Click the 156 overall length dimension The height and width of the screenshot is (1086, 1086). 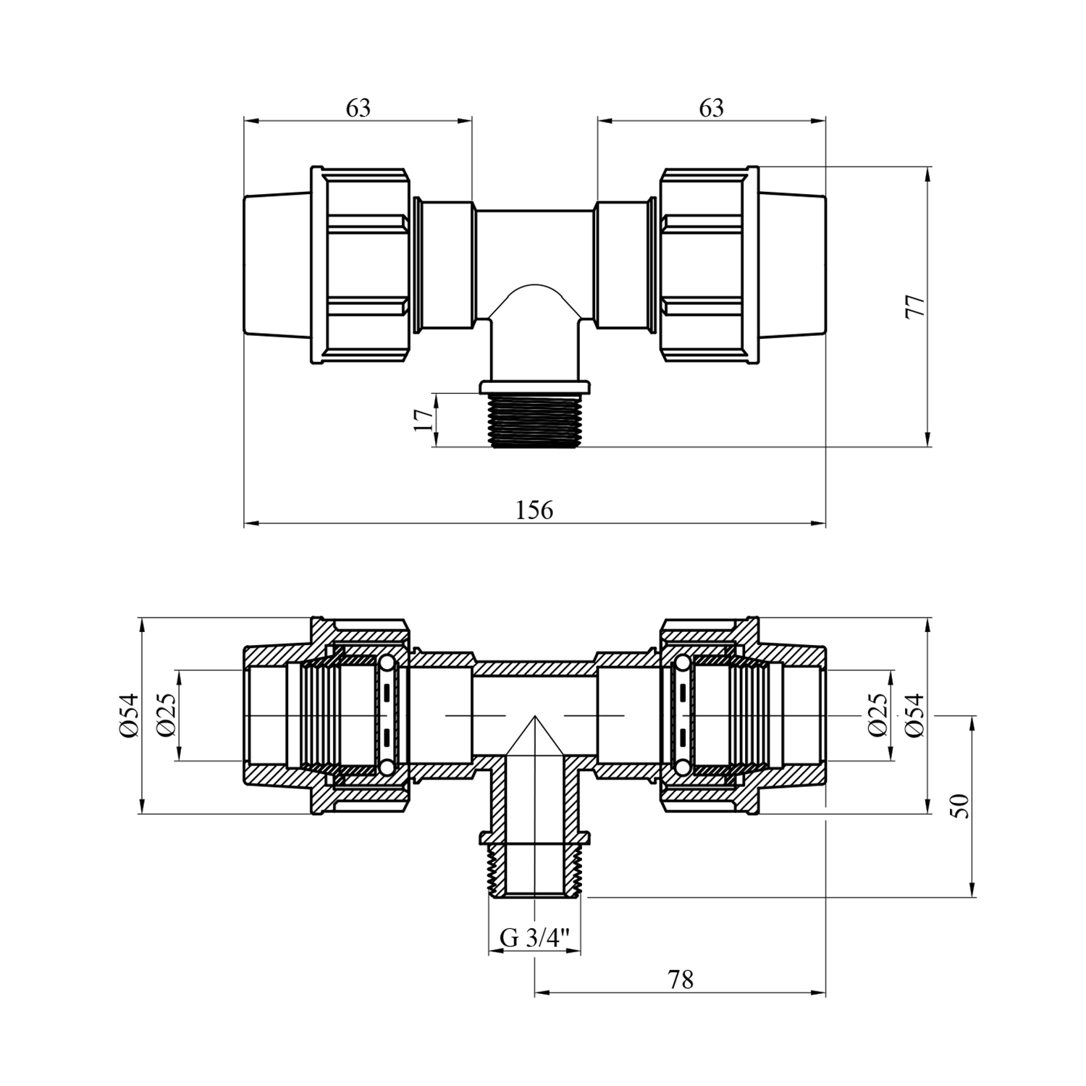click(534, 510)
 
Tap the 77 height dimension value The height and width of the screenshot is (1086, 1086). click(915, 306)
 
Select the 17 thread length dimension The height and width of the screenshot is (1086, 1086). click(423, 420)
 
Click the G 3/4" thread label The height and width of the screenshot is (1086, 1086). click(535, 939)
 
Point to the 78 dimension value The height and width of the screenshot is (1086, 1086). click(681, 980)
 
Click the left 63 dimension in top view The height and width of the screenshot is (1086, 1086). click(358, 108)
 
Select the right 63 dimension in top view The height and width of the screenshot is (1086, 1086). click(711, 108)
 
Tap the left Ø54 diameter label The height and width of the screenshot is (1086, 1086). click(129, 715)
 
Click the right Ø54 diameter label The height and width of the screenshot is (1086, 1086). click(915, 715)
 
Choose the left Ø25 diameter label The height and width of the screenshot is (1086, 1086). click(166, 715)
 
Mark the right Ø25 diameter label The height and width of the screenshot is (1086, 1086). click(877, 715)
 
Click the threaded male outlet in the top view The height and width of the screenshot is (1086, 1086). click(534, 420)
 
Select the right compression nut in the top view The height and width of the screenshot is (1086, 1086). click(709, 265)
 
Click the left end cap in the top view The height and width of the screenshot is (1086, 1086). click(277, 265)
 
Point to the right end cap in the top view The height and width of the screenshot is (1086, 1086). click(792, 265)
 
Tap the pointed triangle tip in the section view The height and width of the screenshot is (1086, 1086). click(534, 717)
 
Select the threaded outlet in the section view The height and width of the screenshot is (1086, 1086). click(534, 872)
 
